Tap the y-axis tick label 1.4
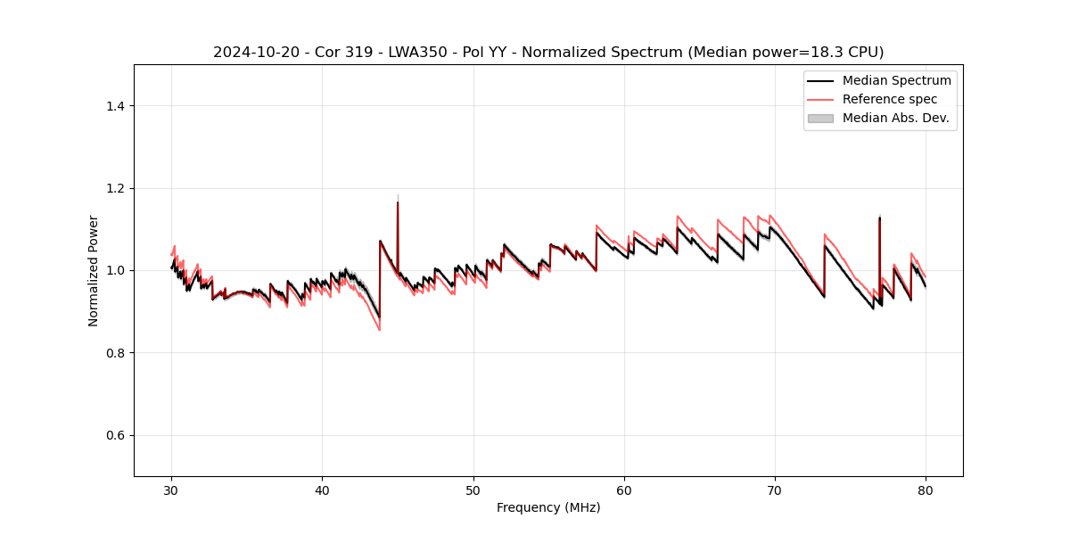click(x=115, y=106)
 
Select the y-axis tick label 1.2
click(x=115, y=188)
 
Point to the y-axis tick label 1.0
click(x=115, y=270)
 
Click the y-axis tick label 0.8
click(x=115, y=353)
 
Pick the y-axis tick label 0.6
click(x=115, y=435)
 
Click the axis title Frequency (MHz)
click(x=548, y=507)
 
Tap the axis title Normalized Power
click(x=94, y=270)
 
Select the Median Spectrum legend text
click(x=896, y=80)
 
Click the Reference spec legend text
click(x=890, y=99)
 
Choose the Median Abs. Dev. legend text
click(x=895, y=118)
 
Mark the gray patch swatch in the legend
click(x=820, y=118)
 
